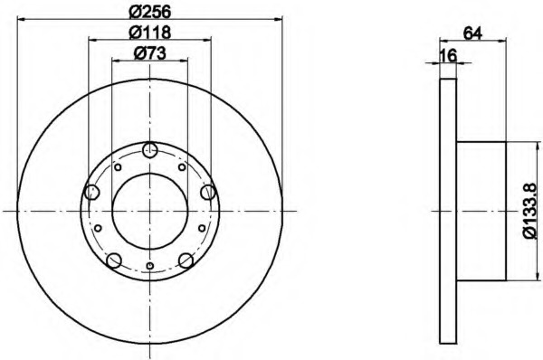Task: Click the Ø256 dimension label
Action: (x=150, y=12)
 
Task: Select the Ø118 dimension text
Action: (x=150, y=33)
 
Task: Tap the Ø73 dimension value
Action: (x=150, y=53)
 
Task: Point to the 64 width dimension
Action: (x=472, y=33)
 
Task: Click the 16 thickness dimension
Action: (x=448, y=55)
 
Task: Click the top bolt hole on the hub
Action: (x=150, y=150)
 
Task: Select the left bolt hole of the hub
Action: (x=92, y=192)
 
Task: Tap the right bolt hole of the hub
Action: (x=208, y=192)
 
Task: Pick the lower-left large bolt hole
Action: (x=114, y=261)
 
